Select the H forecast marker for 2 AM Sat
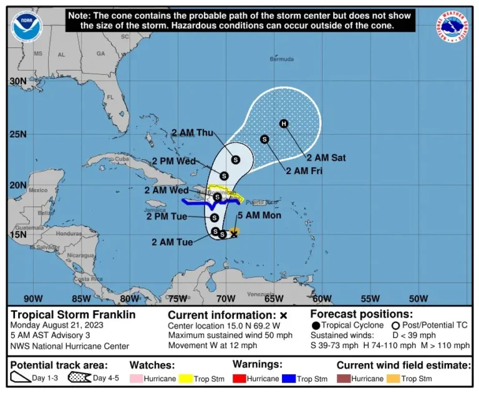click(x=284, y=124)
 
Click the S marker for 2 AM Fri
click(x=264, y=139)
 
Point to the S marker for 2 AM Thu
click(x=236, y=160)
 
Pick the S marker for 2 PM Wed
click(x=224, y=175)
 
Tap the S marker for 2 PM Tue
click(x=214, y=218)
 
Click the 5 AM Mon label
click(x=259, y=215)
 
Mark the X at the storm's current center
click(x=234, y=233)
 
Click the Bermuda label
click(x=281, y=59)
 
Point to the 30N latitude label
click(x=18, y=81)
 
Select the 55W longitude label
click(x=370, y=298)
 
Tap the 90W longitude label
click(x=32, y=298)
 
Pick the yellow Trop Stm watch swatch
click(x=185, y=379)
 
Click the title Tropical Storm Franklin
click(x=73, y=315)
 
